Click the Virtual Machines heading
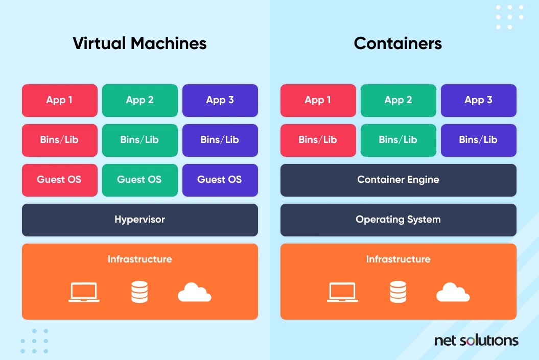[139, 43]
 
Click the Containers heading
[398, 43]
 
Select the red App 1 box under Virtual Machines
[59, 100]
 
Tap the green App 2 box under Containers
[398, 100]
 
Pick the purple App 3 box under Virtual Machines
[220, 100]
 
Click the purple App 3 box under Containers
[478, 100]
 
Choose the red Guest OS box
[59, 180]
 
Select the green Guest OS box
[139, 180]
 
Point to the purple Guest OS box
[220, 180]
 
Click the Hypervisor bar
[139, 220]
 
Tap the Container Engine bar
[398, 180]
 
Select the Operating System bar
[398, 220]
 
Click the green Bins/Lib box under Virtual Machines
[139, 140]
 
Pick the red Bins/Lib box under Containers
[318, 140]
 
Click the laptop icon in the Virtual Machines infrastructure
[84, 292]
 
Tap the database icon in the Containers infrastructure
[397, 292]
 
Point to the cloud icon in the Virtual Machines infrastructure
[194, 292]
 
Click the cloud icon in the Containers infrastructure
[453, 292]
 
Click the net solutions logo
[476, 340]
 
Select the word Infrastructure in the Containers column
[398, 259]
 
